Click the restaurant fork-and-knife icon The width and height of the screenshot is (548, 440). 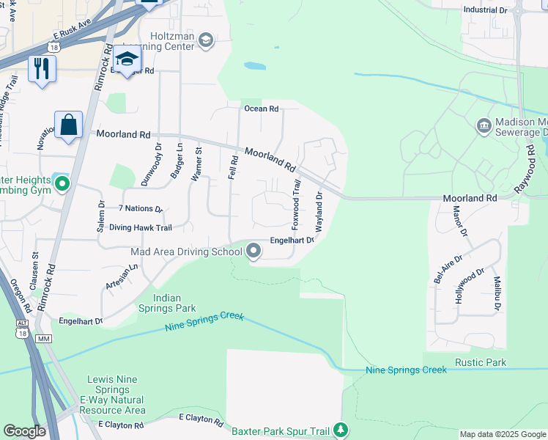pos(42,69)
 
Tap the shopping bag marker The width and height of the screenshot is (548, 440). pos(69,125)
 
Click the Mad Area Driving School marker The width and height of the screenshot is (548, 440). pos(254,252)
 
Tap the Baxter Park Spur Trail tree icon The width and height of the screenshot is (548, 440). pos(340,428)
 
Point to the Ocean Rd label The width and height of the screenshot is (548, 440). pos(262,109)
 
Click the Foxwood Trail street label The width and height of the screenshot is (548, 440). pos(297,204)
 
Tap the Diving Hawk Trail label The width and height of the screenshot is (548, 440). pos(140,227)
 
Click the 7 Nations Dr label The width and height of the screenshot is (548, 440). pos(139,209)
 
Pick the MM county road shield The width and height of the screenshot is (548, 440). pos(44,338)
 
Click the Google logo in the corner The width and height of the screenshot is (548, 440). pos(24,431)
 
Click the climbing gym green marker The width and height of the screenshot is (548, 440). pos(62,183)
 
